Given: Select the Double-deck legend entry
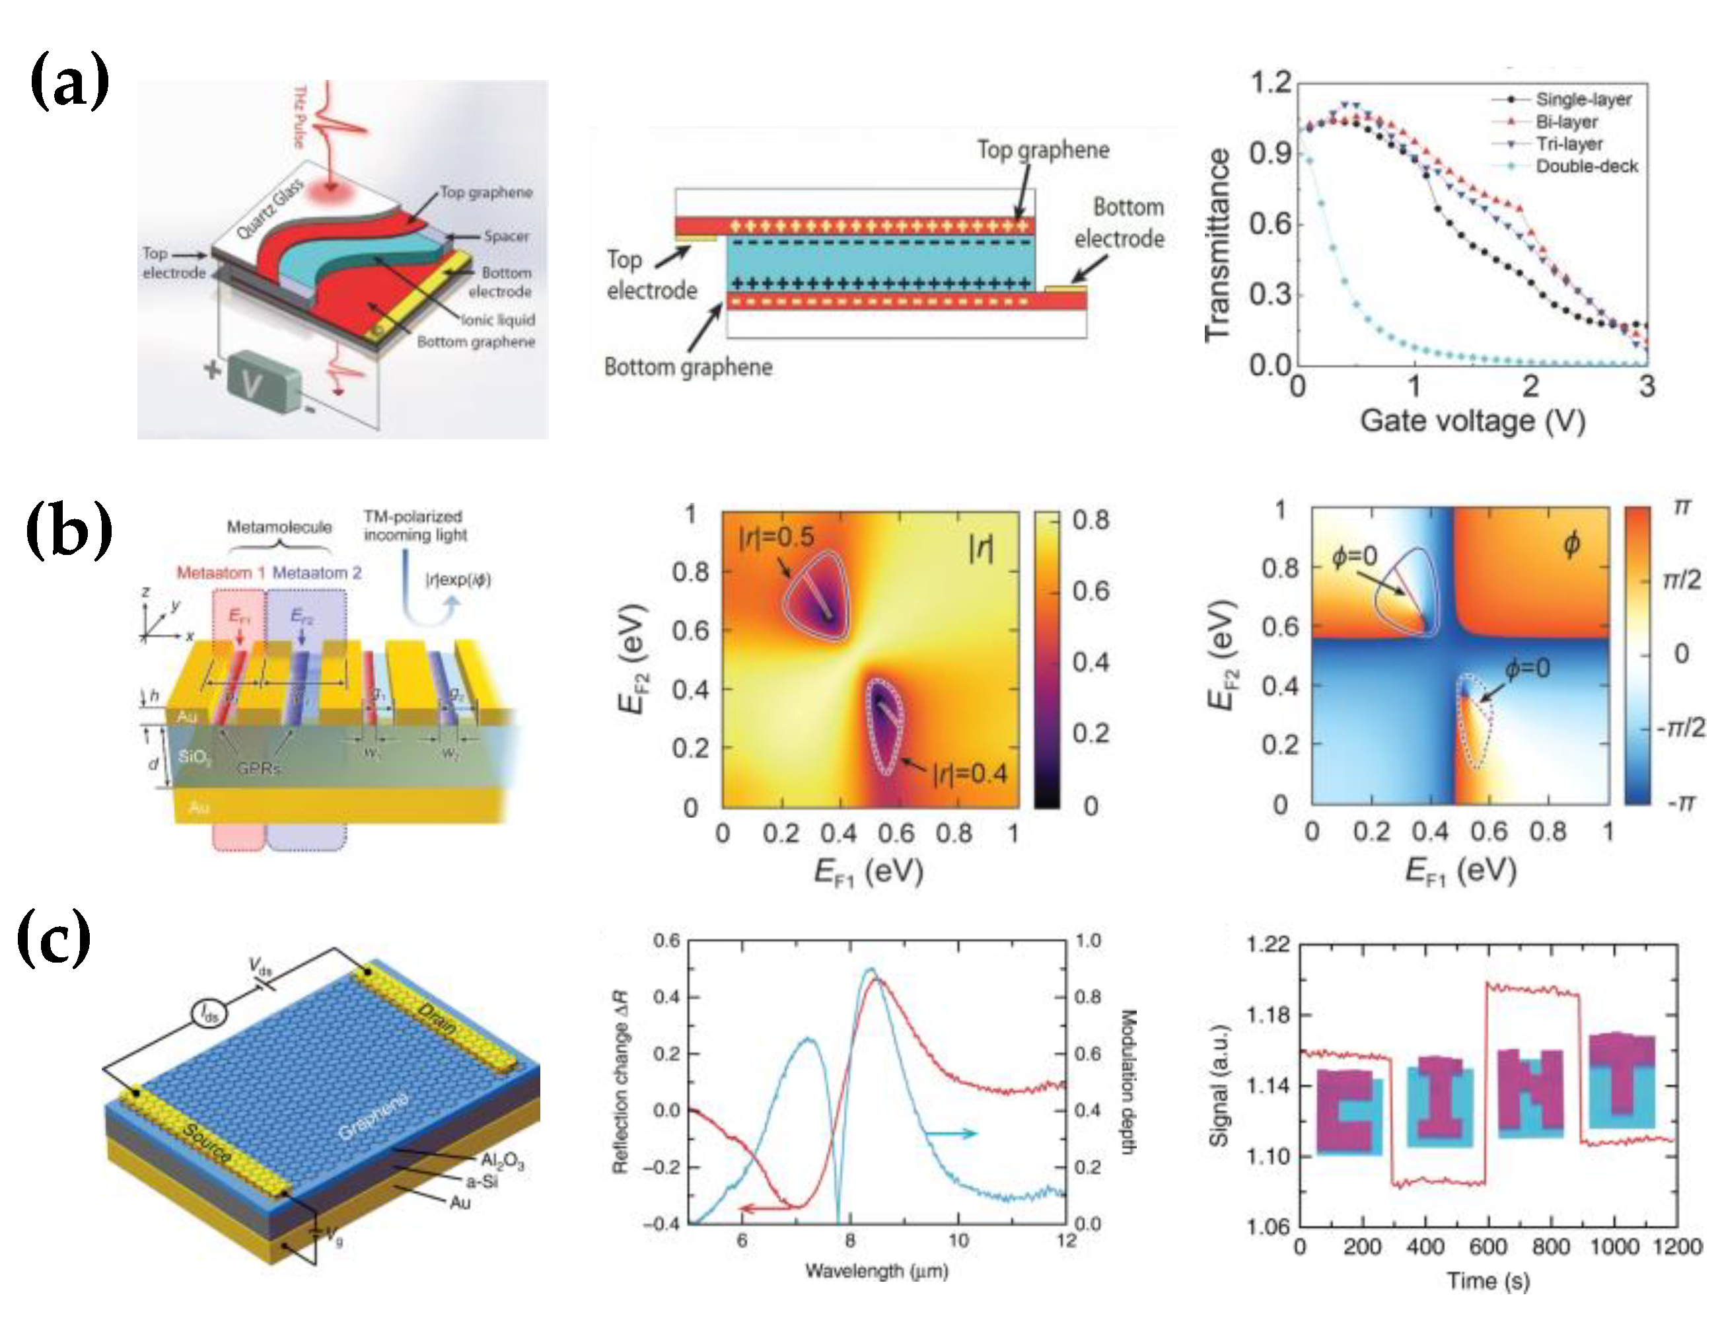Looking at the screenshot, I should (x=1586, y=166).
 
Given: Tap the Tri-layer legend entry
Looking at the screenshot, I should (x=1569, y=144).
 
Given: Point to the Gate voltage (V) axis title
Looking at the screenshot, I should (x=1472, y=421).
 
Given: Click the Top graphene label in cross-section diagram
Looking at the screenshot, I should (x=1042, y=150).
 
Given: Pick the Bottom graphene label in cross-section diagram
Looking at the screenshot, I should (x=688, y=367).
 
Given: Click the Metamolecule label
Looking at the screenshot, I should (x=279, y=527).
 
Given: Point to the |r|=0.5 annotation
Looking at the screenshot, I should (x=776, y=537).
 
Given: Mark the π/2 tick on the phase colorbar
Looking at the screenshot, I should (x=1682, y=580).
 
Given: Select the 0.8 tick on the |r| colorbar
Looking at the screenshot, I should (x=1091, y=520).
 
